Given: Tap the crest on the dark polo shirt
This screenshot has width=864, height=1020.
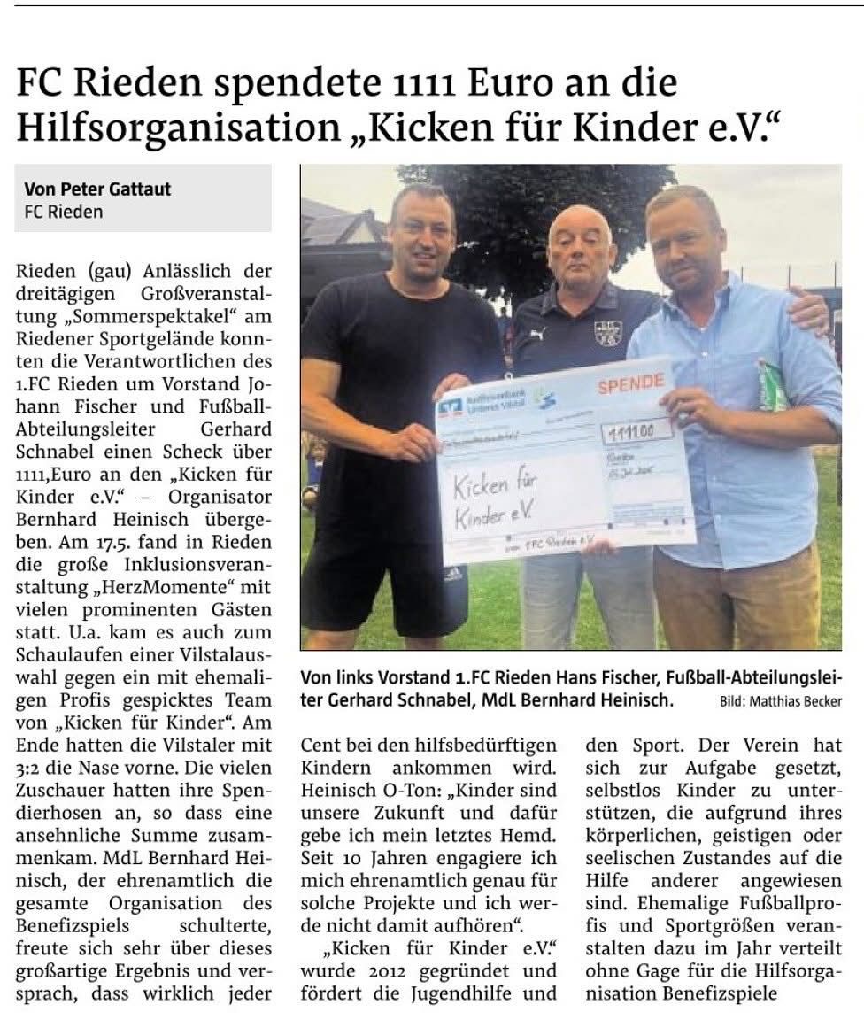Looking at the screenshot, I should point(607,333).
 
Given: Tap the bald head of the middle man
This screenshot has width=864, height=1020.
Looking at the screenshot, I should point(580,221).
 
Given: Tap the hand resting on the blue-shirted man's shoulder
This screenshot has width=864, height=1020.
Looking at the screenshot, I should point(807,309).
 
